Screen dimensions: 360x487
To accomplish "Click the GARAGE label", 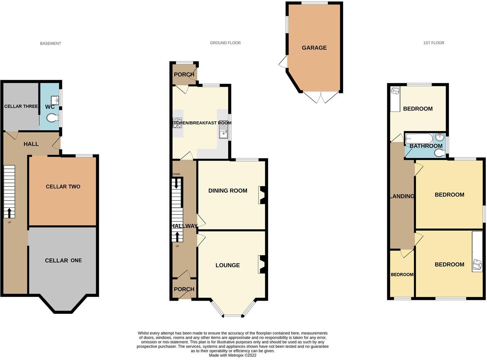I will point(314,48).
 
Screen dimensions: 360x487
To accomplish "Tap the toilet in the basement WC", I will point(53,118).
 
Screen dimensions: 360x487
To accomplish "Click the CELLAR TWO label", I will point(63,186).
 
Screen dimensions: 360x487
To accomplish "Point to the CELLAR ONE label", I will point(63,260).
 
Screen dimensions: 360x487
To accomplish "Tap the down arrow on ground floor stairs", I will point(176,183).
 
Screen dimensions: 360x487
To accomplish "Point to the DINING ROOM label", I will point(228,190).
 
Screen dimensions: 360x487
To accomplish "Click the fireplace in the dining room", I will point(262,195).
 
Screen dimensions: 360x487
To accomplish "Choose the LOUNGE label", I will point(227,265).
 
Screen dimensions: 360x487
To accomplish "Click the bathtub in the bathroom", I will point(419,138).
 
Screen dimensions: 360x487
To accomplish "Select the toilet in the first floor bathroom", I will point(439,153).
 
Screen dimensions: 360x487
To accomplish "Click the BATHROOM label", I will point(426,146).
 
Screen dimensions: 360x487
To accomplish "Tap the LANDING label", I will point(402,196).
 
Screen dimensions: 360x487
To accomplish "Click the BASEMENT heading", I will point(50,44).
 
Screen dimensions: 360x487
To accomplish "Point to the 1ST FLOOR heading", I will point(433,43).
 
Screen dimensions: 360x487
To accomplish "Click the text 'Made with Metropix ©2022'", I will point(233,355).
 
